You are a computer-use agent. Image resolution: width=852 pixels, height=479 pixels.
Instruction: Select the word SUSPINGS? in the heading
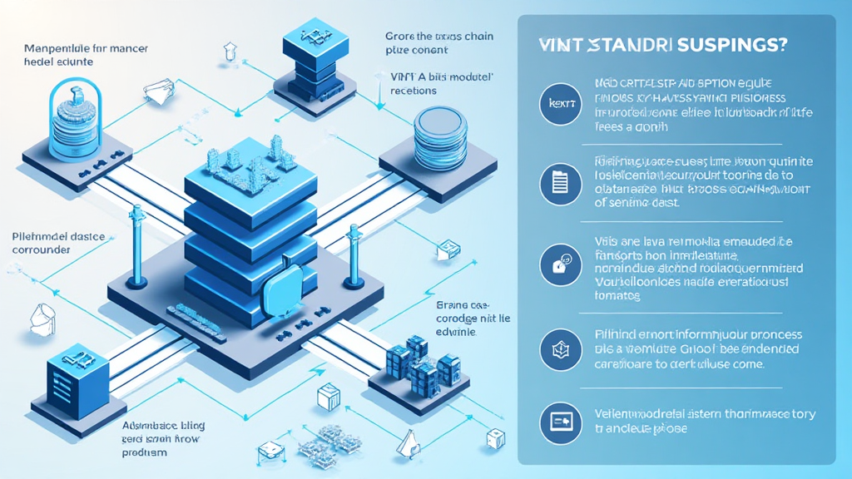(733, 47)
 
